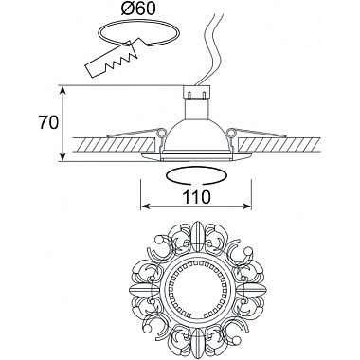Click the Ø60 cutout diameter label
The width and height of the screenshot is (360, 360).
coord(138,9)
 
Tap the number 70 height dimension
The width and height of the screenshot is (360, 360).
coord(48,123)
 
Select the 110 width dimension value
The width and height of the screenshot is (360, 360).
coord(196,197)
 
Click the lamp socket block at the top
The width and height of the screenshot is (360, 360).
coord(197,92)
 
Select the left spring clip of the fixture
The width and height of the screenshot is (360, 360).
coord(135,134)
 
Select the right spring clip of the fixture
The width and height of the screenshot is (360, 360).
coord(257,133)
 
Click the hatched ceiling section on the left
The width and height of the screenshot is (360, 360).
coord(113,145)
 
